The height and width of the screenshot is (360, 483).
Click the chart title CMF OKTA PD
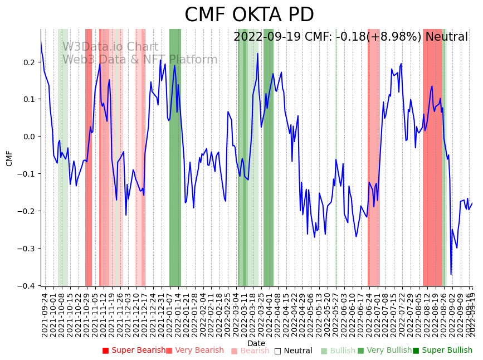pyautogui.click(x=249, y=15)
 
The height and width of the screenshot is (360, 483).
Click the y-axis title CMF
pyautogui.click(x=9, y=158)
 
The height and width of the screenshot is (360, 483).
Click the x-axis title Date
pyautogui.click(x=256, y=343)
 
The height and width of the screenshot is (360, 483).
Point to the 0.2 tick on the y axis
pyautogui.click(x=29, y=62)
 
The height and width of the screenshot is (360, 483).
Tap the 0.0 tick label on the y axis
pyautogui.click(x=29, y=137)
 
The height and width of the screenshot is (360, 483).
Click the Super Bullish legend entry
pyautogui.click(x=442, y=351)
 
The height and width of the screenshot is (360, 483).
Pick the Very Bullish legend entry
pyautogui.click(x=384, y=351)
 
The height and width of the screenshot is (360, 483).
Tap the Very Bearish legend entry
pyautogui.click(x=194, y=351)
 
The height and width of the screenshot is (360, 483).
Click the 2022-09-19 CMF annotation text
pyautogui.click(x=350, y=37)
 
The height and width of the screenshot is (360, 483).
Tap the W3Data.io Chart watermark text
pyautogui.click(x=110, y=47)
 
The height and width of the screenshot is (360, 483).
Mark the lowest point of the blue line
pyautogui.click(x=451, y=274)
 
